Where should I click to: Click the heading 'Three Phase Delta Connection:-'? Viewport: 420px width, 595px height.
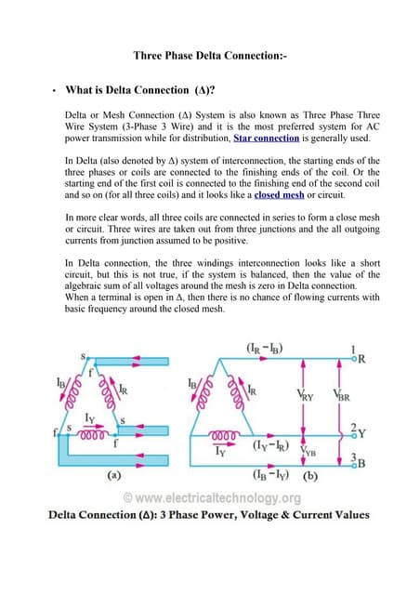[210, 56]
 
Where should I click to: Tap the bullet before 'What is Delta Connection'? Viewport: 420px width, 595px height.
[55, 91]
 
